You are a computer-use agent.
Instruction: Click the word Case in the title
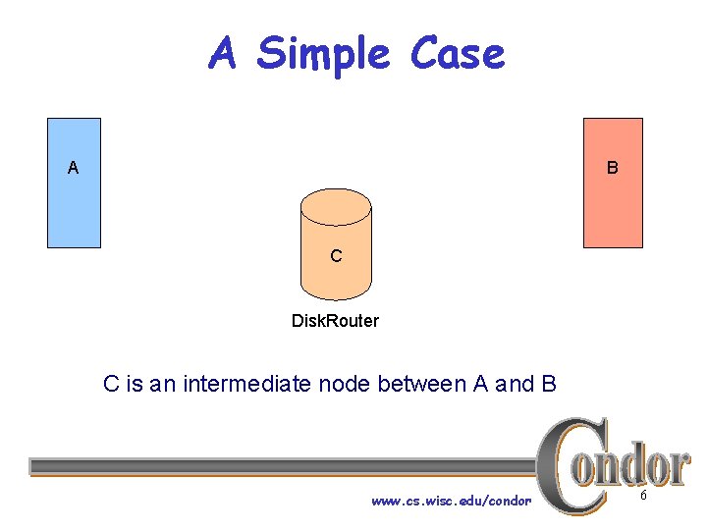pos(458,54)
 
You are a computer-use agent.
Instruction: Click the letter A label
pos(73,168)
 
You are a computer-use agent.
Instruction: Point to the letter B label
pos(612,168)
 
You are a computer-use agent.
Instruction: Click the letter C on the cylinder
pos(336,256)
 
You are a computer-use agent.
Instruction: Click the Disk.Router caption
pos(335,321)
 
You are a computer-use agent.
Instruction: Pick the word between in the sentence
pos(422,384)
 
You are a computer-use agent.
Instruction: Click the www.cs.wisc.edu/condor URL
pos(451,501)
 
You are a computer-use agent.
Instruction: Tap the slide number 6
pos(643,497)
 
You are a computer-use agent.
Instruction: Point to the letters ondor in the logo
pos(638,466)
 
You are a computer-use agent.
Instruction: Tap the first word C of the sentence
pos(111,384)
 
